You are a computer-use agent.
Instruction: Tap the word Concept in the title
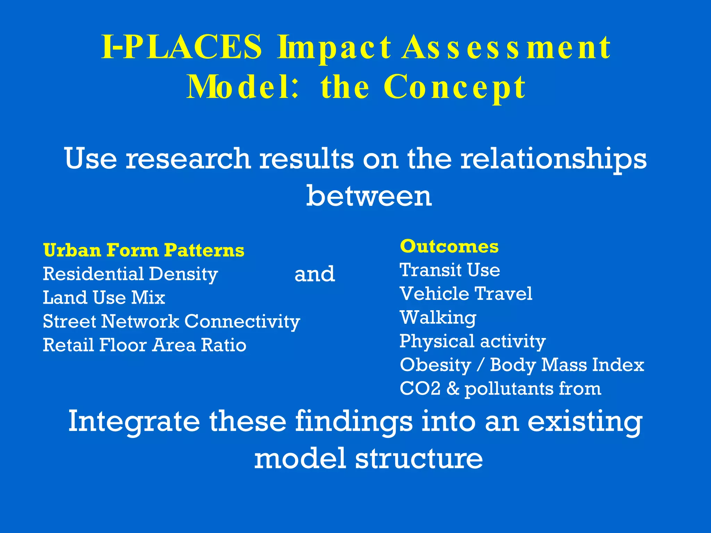click(454, 87)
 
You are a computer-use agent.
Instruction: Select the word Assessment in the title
click(506, 48)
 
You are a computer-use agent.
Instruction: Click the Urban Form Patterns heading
click(144, 250)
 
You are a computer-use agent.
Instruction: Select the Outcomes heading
click(449, 246)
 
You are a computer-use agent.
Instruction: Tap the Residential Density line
click(130, 274)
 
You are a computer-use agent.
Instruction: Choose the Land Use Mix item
click(104, 298)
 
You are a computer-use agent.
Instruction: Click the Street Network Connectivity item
click(171, 321)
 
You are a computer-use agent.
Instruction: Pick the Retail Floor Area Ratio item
click(144, 345)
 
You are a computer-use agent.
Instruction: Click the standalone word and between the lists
click(315, 274)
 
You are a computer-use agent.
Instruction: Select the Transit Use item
click(450, 270)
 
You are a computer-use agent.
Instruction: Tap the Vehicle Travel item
click(466, 294)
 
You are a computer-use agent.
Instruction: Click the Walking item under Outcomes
click(438, 318)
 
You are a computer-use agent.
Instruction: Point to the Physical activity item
click(472, 341)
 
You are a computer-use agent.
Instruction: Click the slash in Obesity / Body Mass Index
click(480, 365)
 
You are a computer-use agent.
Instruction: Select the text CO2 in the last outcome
click(420, 389)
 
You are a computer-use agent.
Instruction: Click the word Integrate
click(134, 422)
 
